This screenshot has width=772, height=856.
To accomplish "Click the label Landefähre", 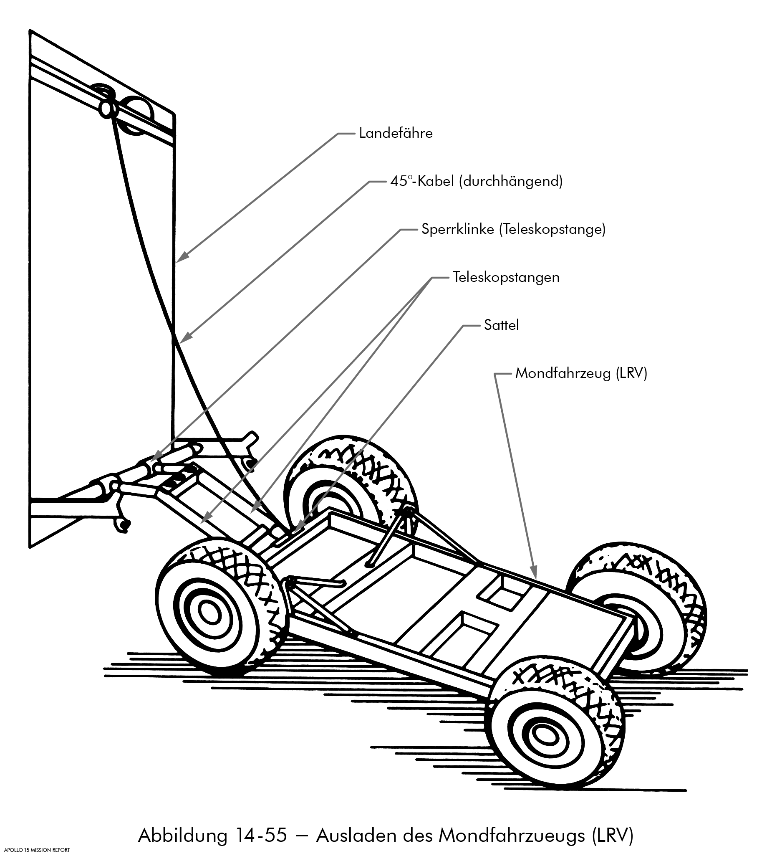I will [x=396, y=133].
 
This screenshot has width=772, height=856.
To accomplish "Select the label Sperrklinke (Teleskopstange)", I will [x=513, y=230].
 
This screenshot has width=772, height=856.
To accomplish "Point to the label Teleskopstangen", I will [x=506, y=278].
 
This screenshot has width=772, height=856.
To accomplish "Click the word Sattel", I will [x=501, y=326].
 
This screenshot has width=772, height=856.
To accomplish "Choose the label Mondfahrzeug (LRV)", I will [x=581, y=373].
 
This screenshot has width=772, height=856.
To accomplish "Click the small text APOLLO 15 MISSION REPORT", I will [x=36, y=850].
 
